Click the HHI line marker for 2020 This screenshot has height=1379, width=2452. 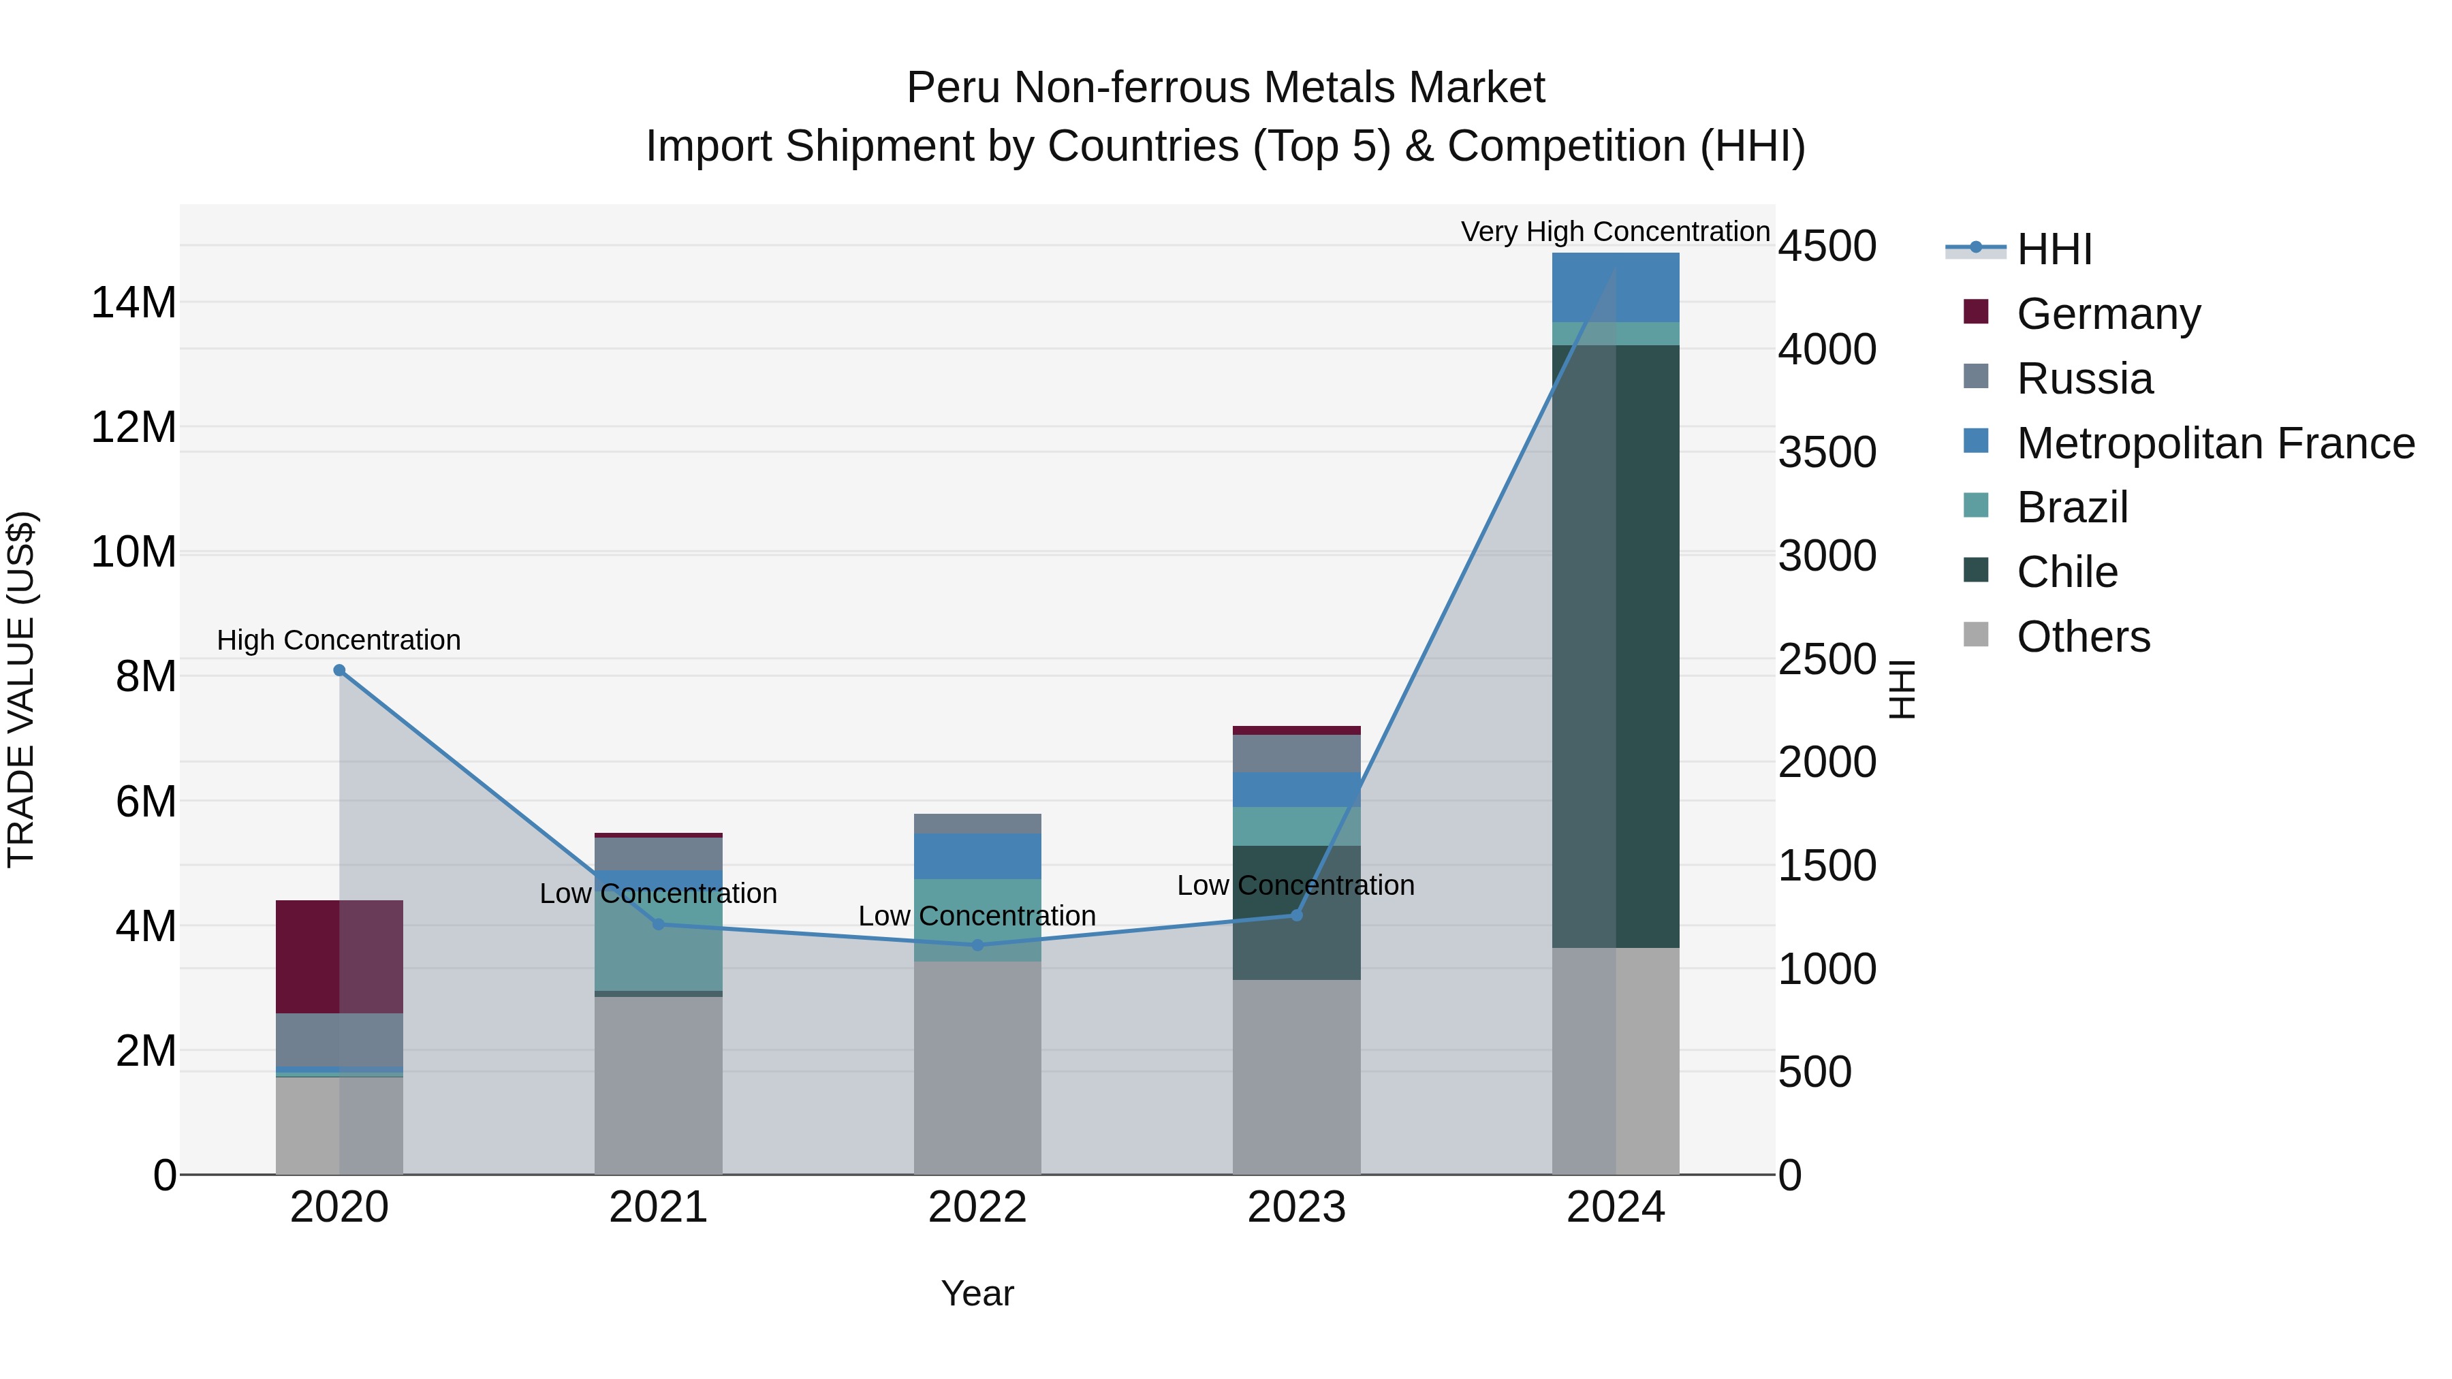click(x=339, y=670)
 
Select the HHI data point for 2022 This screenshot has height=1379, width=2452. click(x=977, y=945)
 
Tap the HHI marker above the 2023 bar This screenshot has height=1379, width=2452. click(x=1296, y=915)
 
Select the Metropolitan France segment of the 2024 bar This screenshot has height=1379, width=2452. click(x=1616, y=287)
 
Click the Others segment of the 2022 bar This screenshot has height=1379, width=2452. click(x=977, y=1067)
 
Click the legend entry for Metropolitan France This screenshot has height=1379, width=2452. click(x=2214, y=443)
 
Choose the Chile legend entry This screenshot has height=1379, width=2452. click(x=2066, y=572)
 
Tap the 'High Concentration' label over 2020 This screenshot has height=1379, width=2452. click(x=339, y=639)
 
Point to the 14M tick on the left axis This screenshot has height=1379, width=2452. click(x=133, y=302)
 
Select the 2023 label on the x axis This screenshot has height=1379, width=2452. click(x=1296, y=1207)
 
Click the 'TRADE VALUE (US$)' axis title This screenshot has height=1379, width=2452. click(x=21, y=689)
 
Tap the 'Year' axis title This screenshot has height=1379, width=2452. click(x=977, y=1293)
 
